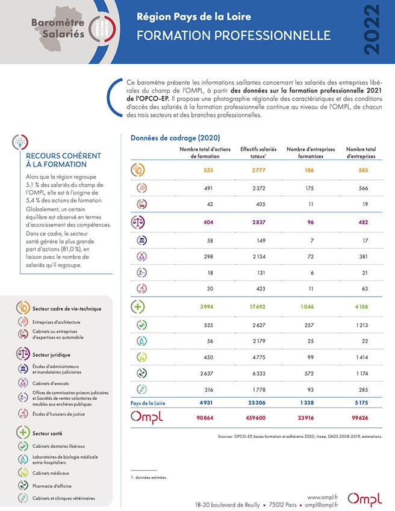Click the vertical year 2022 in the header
click(x=372, y=30)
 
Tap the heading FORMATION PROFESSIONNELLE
click(x=234, y=36)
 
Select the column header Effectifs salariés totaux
click(x=258, y=152)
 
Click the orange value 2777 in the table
click(x=258, y=170)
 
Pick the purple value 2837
click(x=258, y=222)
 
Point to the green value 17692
click(x=258, y=307)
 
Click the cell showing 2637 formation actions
click(x=207, y=374)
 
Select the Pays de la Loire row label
click(x=148, y=403)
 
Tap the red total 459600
click(x=255, y=418)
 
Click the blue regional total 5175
click(x=361, y=403)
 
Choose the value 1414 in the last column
click(x=362, y=357)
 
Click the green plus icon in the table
click(x=137, y=307)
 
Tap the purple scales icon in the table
click(x=137, y=222)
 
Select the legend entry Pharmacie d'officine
click(x=52, y=486)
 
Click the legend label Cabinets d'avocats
click(x=51, y=383)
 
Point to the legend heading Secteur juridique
click(x=51, y=355)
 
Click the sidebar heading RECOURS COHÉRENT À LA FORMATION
click(x=64, y=160)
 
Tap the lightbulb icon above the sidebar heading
click(x=20, y=142)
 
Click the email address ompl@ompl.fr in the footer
click(x=322, y=505)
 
